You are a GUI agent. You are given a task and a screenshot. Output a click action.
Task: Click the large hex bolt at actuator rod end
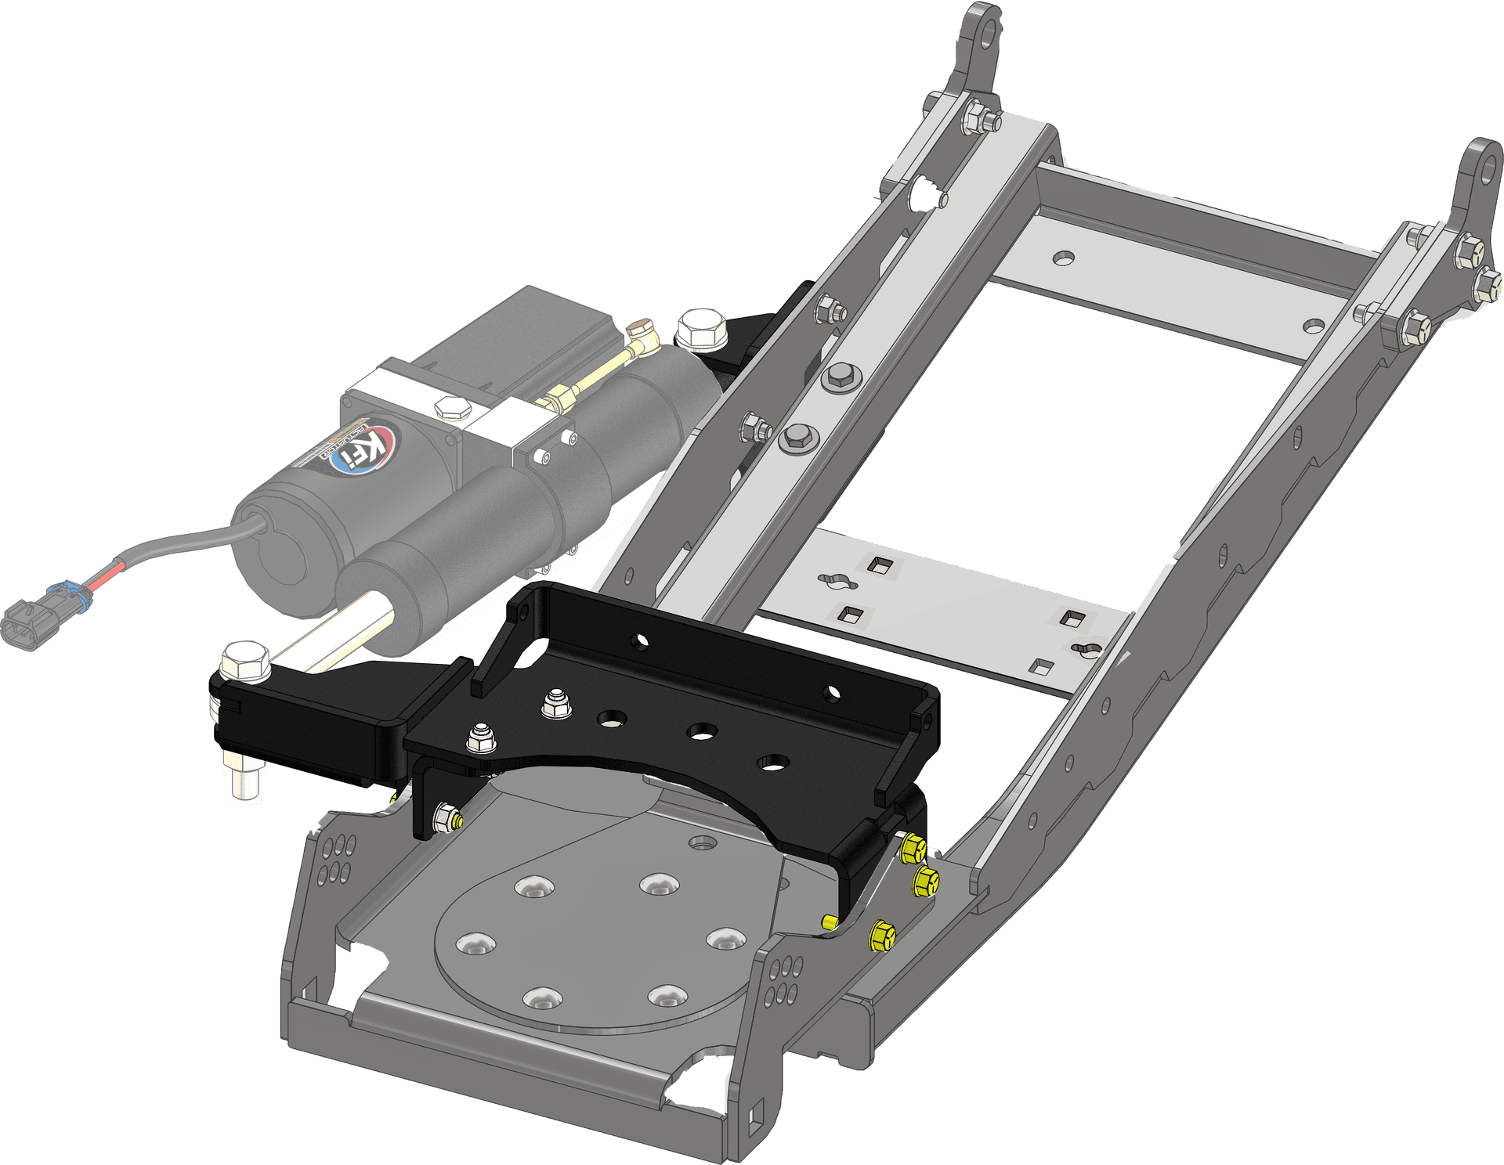(246, 661)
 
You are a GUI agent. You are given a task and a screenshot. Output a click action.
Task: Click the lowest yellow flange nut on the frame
(882, 935)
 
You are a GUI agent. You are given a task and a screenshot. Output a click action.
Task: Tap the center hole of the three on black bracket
(703, 732)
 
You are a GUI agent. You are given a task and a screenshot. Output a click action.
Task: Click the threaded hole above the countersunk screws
(703, 844)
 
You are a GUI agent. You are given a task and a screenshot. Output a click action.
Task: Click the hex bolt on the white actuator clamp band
(452, 408)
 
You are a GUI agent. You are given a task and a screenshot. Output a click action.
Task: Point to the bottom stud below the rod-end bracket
(244, 783)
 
